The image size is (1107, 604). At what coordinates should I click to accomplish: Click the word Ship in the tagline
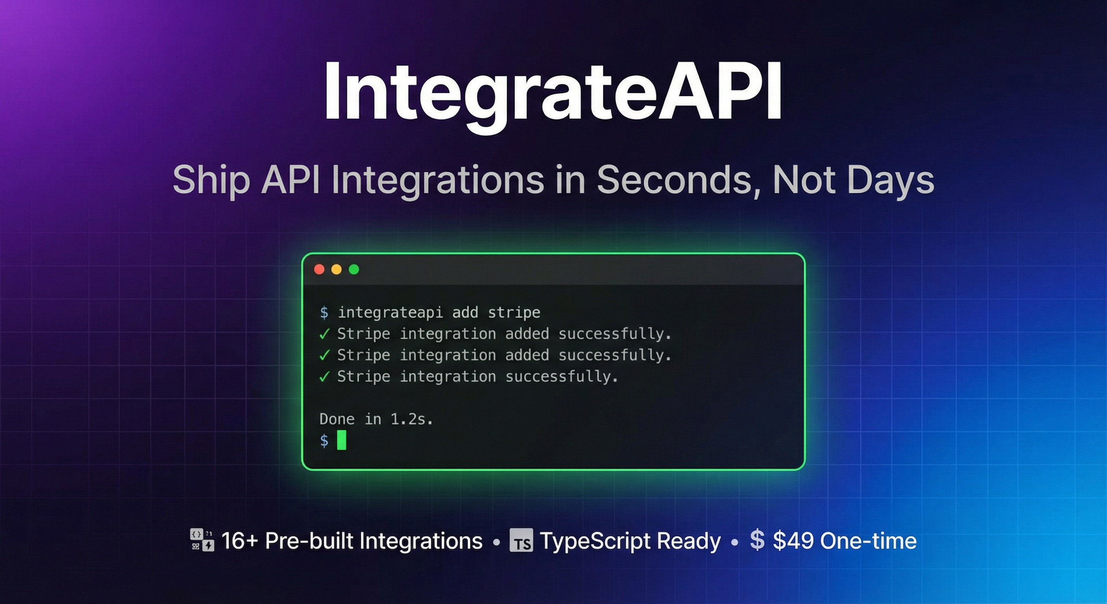point(211,180)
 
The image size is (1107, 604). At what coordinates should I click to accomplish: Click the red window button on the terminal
point(319,269)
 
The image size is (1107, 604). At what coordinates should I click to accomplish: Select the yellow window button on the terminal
point(337,269)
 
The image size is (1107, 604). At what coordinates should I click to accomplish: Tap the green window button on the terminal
point(354,269)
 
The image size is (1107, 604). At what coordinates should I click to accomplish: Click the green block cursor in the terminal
point(342,440)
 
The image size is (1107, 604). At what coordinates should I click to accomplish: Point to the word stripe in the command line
point(514,313)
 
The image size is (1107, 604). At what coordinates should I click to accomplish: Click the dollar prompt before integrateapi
point(324,313)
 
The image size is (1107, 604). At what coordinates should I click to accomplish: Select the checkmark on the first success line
point(324,334)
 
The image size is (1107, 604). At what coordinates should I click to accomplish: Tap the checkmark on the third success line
point(324,377)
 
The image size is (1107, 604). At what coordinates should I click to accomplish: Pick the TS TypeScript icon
point(521,540)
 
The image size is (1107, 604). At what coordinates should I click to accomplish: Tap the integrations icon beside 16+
point(202,540)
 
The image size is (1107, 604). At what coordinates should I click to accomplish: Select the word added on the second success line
point(527,355)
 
